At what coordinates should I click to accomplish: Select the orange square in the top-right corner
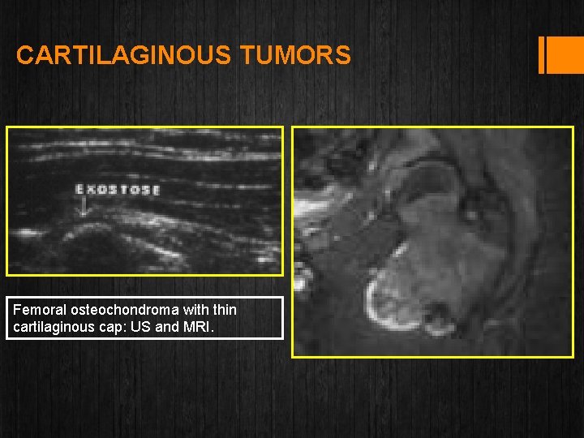[x=561, y=54]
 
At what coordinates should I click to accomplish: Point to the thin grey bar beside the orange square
[x=541, y=55]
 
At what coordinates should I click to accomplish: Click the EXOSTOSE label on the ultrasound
[x=118, y=190]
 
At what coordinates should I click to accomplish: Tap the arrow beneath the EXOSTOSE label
[x=82, y=208]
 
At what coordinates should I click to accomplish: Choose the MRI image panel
[x=432, y=241]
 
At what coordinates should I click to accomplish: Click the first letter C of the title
[x=24, y=55]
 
